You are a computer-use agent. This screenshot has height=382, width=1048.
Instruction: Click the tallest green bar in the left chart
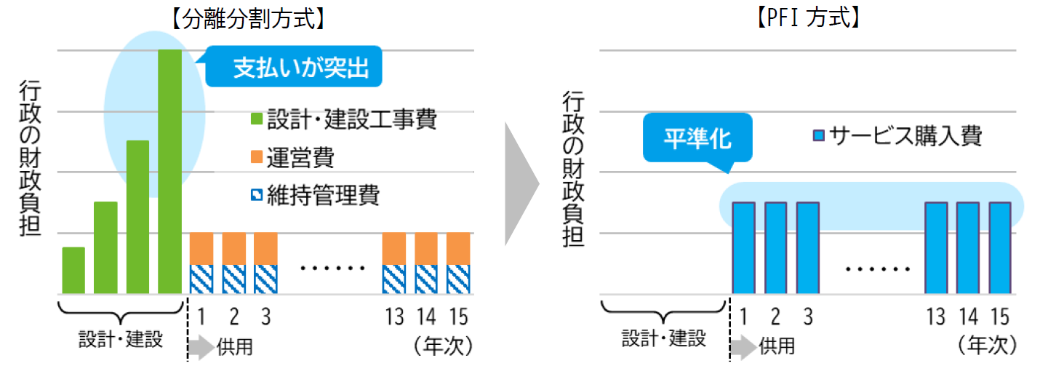pos(169,171)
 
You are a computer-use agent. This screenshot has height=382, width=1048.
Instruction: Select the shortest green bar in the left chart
pos(73,270)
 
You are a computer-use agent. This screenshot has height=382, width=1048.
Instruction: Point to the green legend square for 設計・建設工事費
pos(255,119)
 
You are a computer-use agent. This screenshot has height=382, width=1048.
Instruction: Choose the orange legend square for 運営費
pos(255,156)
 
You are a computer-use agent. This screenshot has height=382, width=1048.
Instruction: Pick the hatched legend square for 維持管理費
pos(255,195)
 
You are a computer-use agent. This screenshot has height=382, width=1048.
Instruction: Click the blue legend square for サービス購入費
pos(818,135)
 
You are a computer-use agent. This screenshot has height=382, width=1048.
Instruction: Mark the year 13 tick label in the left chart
pos(393,317)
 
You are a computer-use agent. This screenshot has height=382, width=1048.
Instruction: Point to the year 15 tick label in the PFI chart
pos(1000,317)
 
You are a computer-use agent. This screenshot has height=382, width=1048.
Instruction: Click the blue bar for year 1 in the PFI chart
pos(743,247)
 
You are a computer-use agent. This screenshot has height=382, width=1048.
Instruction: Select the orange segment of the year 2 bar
pos(233,248)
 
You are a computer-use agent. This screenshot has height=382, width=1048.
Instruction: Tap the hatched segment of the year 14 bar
pos(425,279)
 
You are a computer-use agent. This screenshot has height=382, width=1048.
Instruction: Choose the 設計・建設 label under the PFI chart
pos(664,338)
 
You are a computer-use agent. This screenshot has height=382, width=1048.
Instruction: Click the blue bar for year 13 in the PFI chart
pos(936,247)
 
